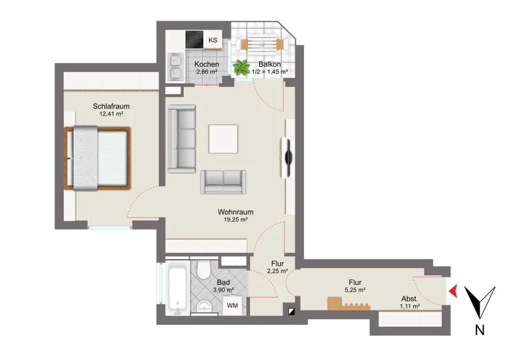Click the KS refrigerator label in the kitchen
coord(213,40)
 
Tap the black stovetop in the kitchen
coord(195,39)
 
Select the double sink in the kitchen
coord(175,67)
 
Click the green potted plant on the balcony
coord(241,67)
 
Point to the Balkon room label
coord(269,64)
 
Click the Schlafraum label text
coord(111,106)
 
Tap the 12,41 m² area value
coord(111,114)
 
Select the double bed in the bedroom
coord(97,158)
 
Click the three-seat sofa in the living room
coord(182,139)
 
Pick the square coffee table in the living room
coord(223,139)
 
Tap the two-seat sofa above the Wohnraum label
coord(223,182)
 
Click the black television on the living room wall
coord(288,158)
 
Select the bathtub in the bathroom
coord(178,288)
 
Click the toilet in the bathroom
coord(204,269)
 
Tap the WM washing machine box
coord(232,305)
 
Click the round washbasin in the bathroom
coord(204,307)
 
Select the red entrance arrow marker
coord(454,291)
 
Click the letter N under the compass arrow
coord(480,330)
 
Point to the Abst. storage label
coord(410,299)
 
